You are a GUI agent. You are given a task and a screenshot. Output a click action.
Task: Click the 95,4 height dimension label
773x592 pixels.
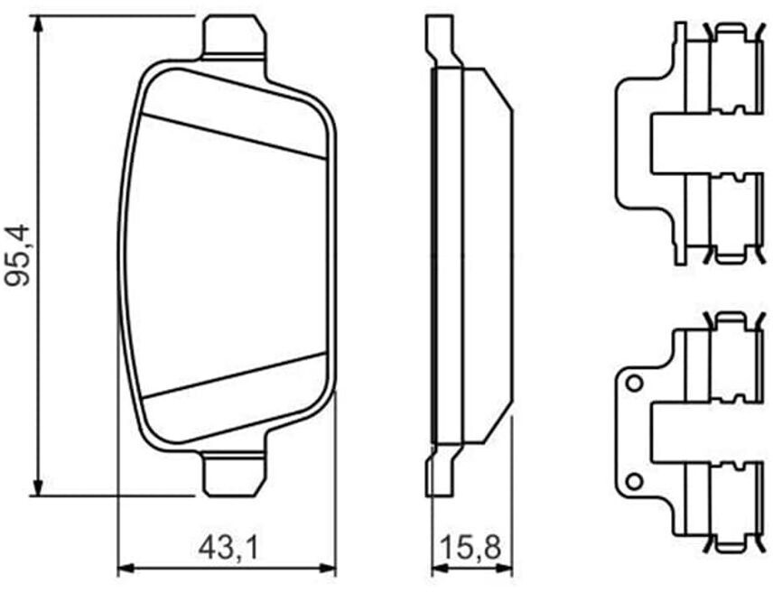[x=17, y=255]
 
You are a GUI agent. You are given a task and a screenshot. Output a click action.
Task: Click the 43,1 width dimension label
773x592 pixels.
[x=228, y=548]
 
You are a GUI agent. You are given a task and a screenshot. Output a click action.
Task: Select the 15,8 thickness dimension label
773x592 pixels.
[x=470, y=548]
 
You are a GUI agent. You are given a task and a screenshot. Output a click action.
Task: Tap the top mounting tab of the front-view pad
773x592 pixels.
[x=234, y=37]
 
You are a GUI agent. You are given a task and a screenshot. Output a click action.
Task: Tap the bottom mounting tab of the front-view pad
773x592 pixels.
[x=234, y=476]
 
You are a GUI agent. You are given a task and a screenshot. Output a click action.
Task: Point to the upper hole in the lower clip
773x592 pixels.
[x=634, y=383]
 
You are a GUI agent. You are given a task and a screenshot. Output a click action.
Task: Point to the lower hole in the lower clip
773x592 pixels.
[x=634, y=480]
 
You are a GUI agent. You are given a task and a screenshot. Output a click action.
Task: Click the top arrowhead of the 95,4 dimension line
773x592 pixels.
[x=37, y=25]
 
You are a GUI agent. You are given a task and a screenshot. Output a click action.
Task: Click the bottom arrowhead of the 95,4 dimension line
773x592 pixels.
[x=37, y=486]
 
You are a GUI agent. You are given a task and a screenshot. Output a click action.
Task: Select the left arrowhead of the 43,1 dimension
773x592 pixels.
[x=126, y=568]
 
